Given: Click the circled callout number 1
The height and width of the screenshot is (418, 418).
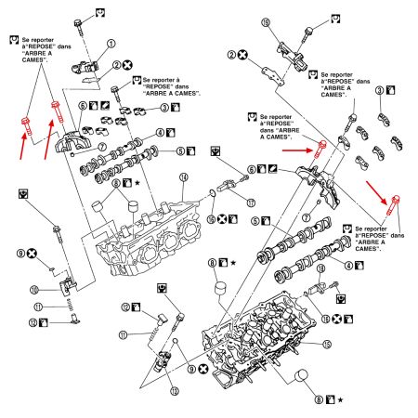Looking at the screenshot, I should tap(111, 43).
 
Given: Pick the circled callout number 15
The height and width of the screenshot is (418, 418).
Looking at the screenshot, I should tap(352, 345).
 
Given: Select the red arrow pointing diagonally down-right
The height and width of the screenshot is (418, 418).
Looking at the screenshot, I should tap(376, 189).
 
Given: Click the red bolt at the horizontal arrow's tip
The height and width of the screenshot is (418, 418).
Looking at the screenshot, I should tap(320, 148).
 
